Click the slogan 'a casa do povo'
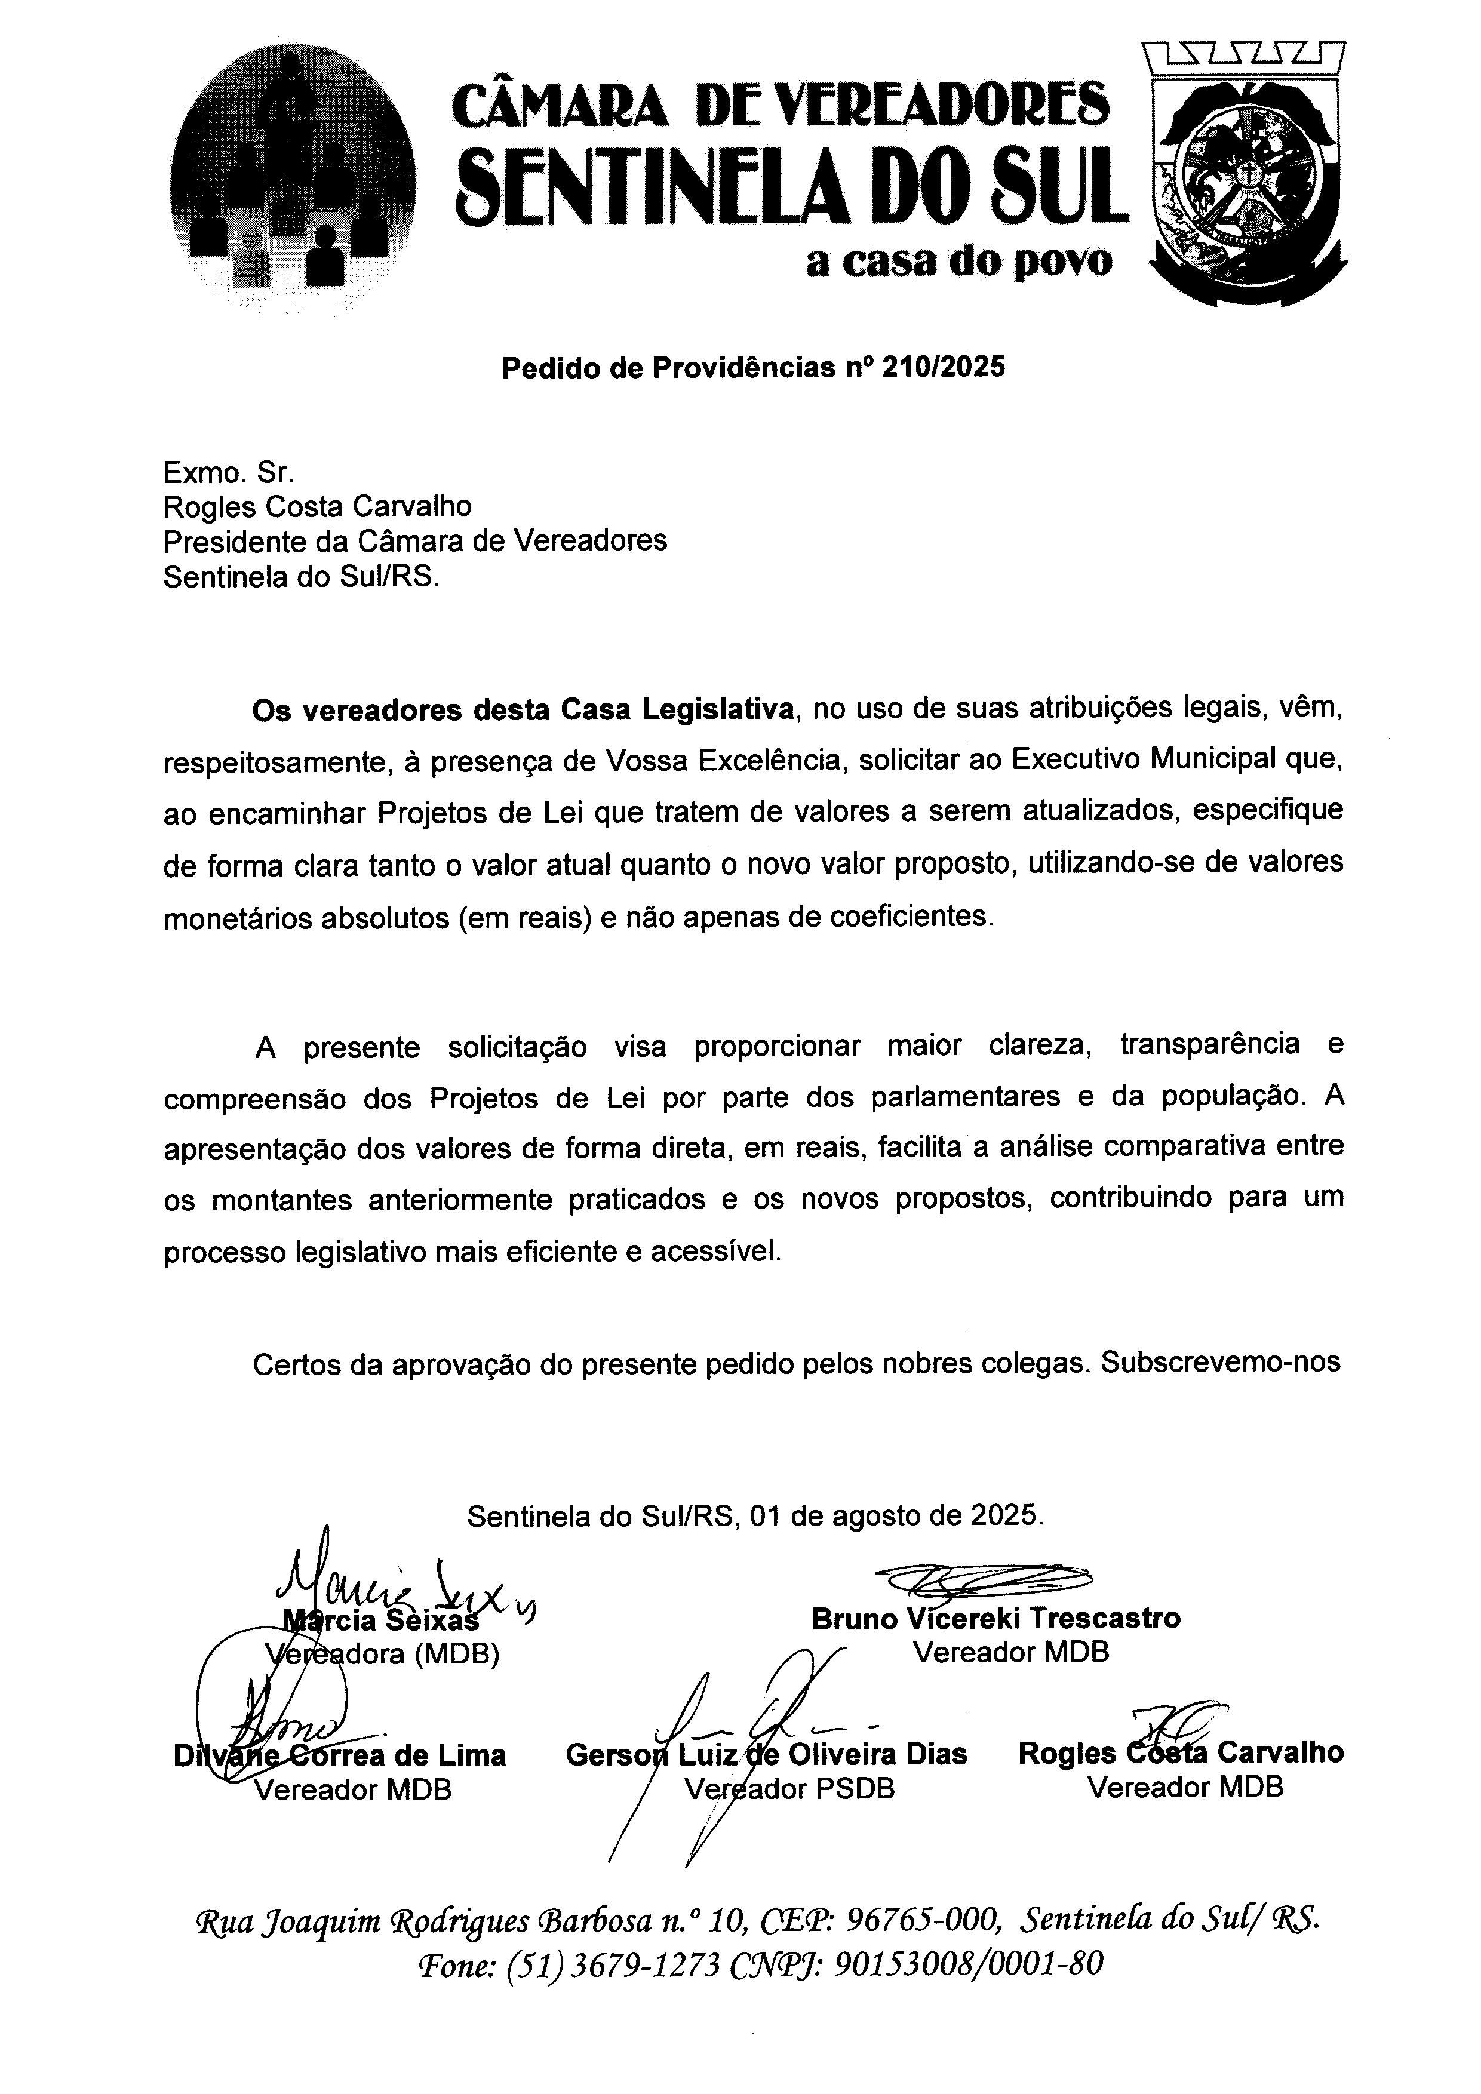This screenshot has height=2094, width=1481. click(960, 262)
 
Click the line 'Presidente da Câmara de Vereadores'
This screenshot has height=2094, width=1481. click(415, 541)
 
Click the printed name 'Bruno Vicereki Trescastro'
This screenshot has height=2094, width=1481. click(996, 1619)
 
